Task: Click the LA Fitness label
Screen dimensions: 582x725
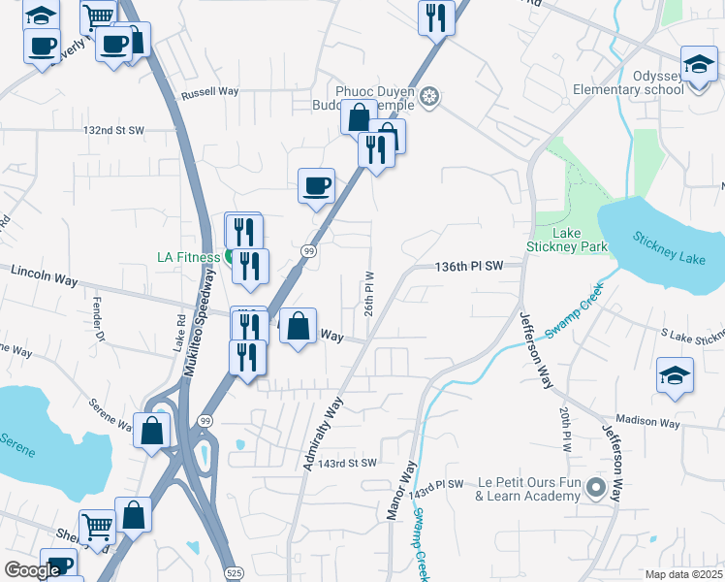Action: click(189, 257)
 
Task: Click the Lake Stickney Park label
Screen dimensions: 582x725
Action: click(566, 240)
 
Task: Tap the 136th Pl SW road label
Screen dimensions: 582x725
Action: click(470, 266)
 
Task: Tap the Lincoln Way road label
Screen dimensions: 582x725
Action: click(44, 278)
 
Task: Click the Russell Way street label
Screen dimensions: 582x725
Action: click(209, 92)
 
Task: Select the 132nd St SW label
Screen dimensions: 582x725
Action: click(113, 130)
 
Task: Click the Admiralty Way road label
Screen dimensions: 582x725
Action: click(323, 433)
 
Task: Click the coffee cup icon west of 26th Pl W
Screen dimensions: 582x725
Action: click(316, 185)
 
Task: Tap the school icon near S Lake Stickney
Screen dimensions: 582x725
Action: click(675, 374)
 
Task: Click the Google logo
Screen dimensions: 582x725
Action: click(32, 570)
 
